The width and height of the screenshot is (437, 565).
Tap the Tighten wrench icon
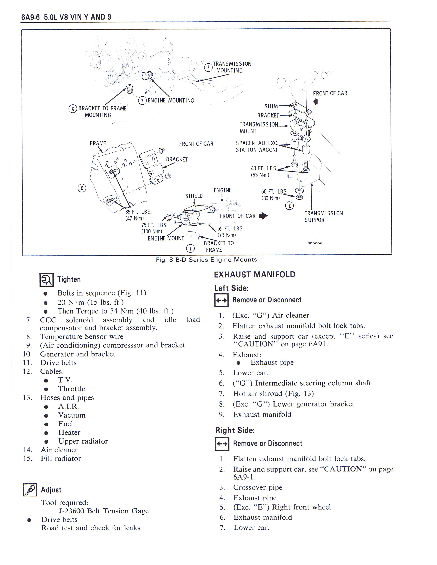tap(47, 280)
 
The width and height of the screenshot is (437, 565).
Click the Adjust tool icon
tap(30, 490)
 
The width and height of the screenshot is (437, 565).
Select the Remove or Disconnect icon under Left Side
tap(221, 300)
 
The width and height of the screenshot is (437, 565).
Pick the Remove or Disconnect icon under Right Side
tap(222, 444)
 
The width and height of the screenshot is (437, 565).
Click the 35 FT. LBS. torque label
tap(138, 212)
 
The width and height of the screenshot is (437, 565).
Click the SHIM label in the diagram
tap(271, 106)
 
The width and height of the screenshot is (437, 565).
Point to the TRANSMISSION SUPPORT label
tap(323, 217)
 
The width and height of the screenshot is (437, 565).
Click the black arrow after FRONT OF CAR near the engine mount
tap(263, 216)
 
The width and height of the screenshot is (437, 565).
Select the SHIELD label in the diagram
tap(194, 196)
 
